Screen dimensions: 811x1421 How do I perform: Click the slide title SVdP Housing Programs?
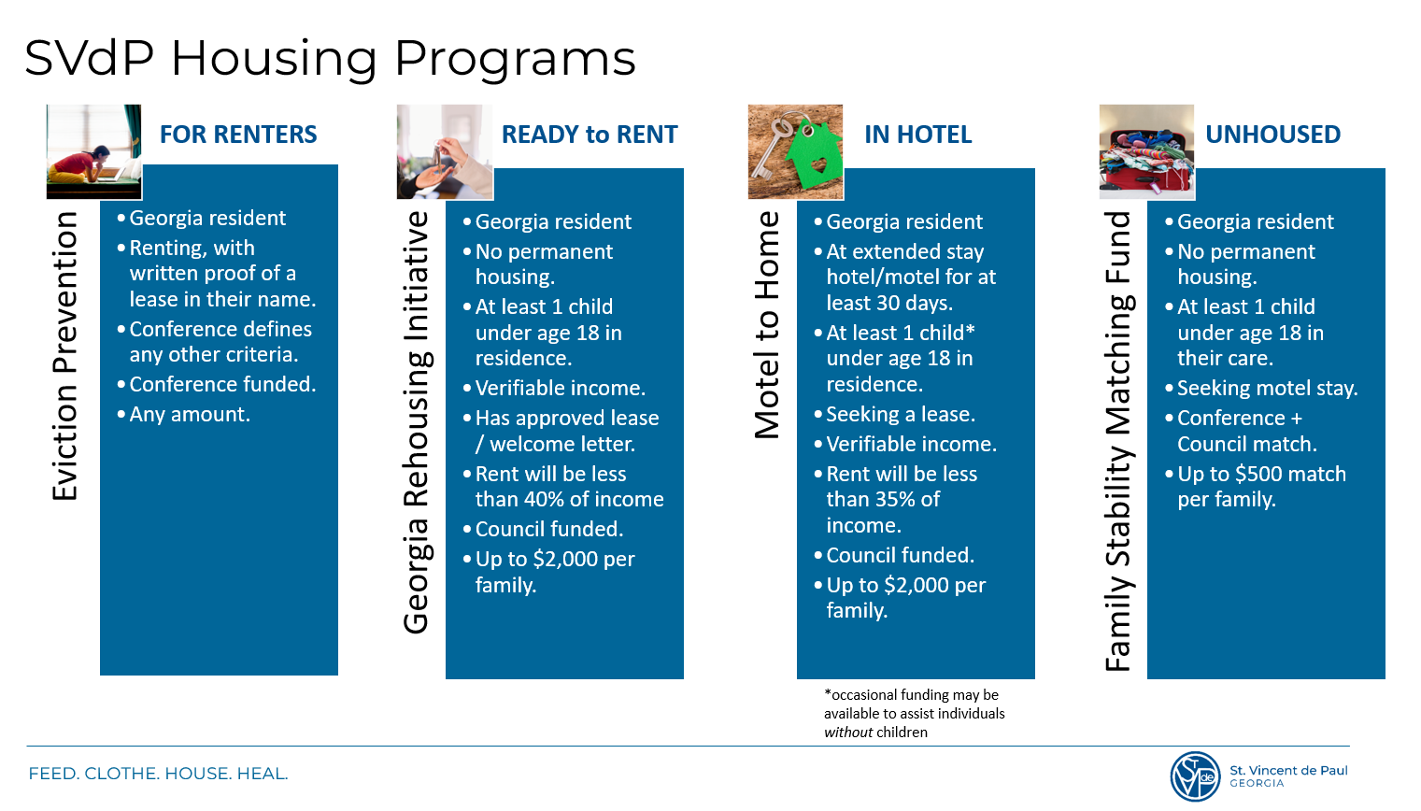[x=330, y=58]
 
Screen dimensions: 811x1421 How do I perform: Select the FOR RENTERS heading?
[x=238, y=135]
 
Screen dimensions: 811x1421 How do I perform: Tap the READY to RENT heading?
[x=590, y=135]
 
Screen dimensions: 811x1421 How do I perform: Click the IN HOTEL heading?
[x=917, y=135]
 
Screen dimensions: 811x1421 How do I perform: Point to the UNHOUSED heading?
[x=1272, y=135]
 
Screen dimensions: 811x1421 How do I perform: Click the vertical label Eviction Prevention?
[x=65, y=356]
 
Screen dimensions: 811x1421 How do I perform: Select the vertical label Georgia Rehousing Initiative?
[x=417, y=422]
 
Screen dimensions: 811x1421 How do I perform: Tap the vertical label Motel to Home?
[x=767, y=325]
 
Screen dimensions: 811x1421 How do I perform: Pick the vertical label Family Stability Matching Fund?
[x=1118, y=441]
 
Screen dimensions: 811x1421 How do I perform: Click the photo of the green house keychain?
[x=795, y=151]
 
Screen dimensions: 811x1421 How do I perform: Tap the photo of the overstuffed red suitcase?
[x=1146, y=151]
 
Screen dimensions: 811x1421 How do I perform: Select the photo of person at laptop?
[x=93, y=151]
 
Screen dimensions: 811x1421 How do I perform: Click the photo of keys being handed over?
[x=445, y=151]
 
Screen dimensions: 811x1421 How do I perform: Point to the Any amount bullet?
[x=190, y=414]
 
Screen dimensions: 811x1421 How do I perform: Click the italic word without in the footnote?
[x=848, y=733]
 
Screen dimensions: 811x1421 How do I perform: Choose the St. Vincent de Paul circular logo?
[x=1195, y=776]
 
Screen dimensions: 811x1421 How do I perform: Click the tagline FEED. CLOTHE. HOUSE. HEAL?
[x=158, y=774]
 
